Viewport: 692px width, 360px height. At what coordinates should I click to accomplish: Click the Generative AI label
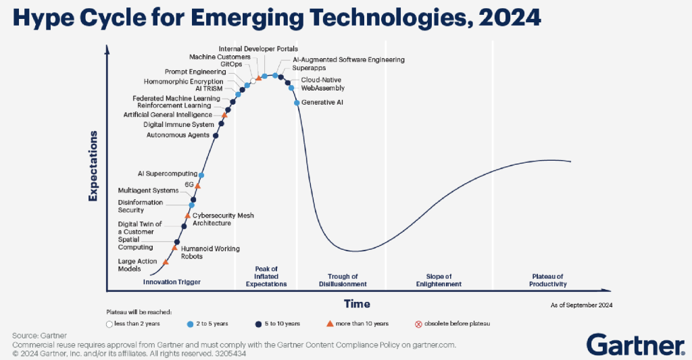pyautogui.click(x=322, y=103)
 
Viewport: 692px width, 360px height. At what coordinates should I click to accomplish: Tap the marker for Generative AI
pyautogui.click(x=297, y=103)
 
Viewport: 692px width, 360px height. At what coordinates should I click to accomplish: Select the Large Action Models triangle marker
pyautogui.click(x=166, y=261)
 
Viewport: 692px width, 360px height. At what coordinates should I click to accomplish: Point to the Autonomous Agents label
pyautogui.click(x=178, y=135)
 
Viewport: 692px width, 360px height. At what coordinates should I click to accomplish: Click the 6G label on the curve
pyautogui.click(x=189, y=184)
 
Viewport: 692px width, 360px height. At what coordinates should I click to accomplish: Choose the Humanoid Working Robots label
pyautogui.click(x=210, y=253)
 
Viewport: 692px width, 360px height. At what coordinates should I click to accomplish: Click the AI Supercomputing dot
pyautogui.click(x=201, y=175)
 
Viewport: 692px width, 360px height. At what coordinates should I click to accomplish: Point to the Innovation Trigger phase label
pyautogui.click(x=172, y=282)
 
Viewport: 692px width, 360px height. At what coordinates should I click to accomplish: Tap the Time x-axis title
pyautogui.click(x=356, y=304)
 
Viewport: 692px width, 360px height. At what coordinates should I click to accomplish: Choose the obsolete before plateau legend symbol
pyautogui.click(x=418, y=324)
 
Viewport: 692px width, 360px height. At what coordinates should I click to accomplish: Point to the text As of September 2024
pyautogui.click(x=582, y=305)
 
